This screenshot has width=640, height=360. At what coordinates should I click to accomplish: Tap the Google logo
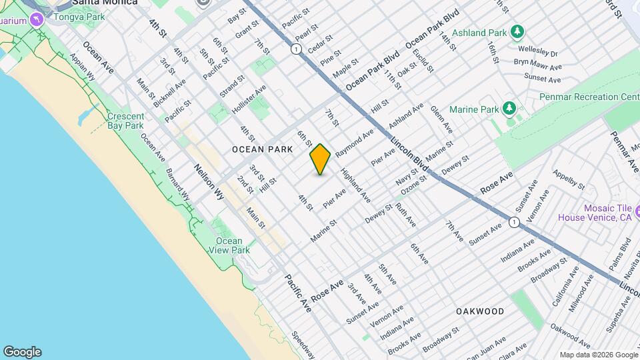click(22, 352)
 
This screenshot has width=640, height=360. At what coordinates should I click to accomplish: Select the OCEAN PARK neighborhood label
click(262, 150)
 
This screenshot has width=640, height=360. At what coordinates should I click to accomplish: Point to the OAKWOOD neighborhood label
click(480, 311)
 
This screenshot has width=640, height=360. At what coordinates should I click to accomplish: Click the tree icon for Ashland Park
click(517, 31)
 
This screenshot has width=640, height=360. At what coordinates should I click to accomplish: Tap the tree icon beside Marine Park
click(509, 108)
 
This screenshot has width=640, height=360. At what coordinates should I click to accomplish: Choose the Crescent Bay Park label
click(125, 121)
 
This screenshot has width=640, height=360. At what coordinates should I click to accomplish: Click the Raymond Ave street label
click(355, 143)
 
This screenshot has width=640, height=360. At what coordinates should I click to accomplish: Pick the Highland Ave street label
click(355, 185)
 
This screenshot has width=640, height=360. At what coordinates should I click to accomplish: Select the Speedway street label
click(303, 344)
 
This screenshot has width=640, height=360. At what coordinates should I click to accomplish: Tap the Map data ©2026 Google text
click(597, 355)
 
